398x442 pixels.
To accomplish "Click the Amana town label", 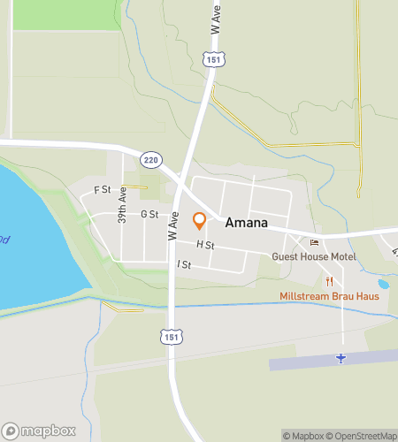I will point(247,223).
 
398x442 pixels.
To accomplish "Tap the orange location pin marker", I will point(200,220).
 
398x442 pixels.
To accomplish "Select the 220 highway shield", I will point(152,157).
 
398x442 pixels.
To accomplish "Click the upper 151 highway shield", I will point(212,58).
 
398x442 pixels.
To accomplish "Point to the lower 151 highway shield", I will point(171,336).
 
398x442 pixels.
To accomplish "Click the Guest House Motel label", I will point(313,257).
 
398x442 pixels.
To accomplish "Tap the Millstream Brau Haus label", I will point(329,296).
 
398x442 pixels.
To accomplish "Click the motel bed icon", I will point(313,243).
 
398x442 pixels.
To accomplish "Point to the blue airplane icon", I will point(341,357).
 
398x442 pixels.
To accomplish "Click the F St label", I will point(103,189).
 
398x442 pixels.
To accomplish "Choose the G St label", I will point(149,214).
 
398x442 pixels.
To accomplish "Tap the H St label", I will point(205,244).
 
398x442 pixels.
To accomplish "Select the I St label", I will point(184,264).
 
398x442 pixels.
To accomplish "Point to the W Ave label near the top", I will point(215,19).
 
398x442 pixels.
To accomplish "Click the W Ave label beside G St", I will point(174,226).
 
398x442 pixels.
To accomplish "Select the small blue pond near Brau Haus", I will point(383,285).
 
